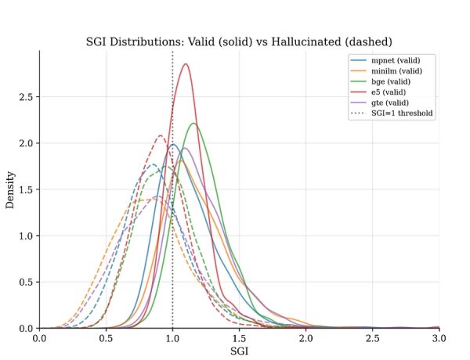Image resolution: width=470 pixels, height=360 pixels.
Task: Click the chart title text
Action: [x=239, y=41]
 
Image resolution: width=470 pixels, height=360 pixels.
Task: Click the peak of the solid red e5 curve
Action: [x=186, y=64]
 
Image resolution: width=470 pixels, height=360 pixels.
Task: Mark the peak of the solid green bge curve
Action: [x=193, y=124]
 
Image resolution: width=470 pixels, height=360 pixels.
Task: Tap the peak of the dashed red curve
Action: [x=160, y=135]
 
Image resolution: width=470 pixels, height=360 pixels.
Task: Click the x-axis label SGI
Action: [x=239, y=351]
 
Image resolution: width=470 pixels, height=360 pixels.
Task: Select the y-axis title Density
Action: [x=11, y=189]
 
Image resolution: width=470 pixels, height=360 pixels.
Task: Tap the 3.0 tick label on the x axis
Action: [x=439, y=338]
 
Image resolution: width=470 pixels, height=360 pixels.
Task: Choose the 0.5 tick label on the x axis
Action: [x=106, y=338]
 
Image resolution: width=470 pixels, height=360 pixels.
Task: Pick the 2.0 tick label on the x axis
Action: [x=305, y=338]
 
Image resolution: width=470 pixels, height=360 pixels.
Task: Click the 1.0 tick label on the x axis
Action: [x=172, y=338]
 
